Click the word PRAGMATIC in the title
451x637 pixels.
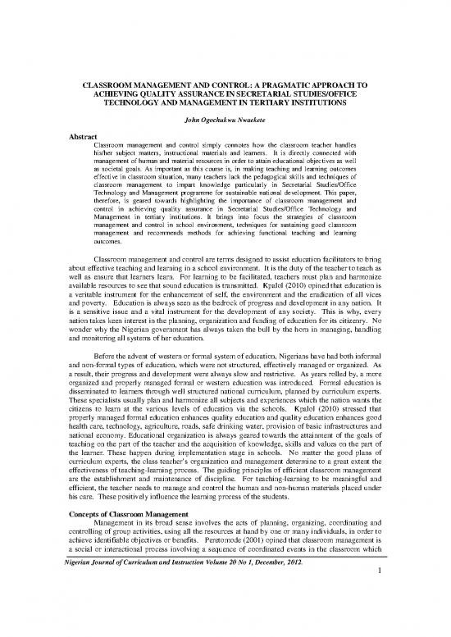[x=303, y=85]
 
